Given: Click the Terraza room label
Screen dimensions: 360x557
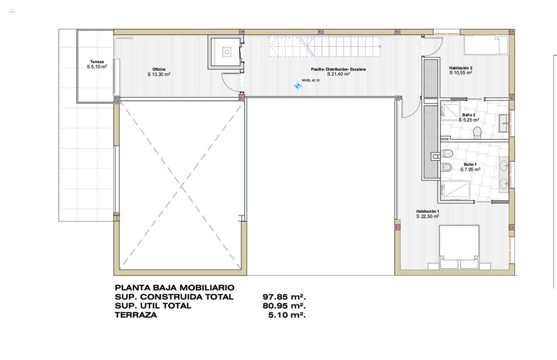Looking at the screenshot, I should (x=96, y=62).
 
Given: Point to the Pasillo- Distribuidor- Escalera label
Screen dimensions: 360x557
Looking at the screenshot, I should (x=338, y=69).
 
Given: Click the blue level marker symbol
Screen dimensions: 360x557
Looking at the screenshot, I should (x=298, y=86).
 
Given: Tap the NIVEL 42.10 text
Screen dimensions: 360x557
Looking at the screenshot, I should (x=311, y=80).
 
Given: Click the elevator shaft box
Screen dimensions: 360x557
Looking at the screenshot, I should (x=226, y=52).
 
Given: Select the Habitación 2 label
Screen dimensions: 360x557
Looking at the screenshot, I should (x=461, y=68).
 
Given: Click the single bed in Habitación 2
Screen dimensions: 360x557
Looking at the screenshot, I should (x=486, y=45).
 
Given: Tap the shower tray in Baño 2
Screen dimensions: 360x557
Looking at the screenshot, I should (x=449, y=111).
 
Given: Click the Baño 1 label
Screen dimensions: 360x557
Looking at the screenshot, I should (x=470, y=164).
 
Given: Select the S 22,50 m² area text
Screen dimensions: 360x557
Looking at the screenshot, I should (x=428, y=216).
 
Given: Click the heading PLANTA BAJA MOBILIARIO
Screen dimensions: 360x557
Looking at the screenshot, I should (x=174, y=288).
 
